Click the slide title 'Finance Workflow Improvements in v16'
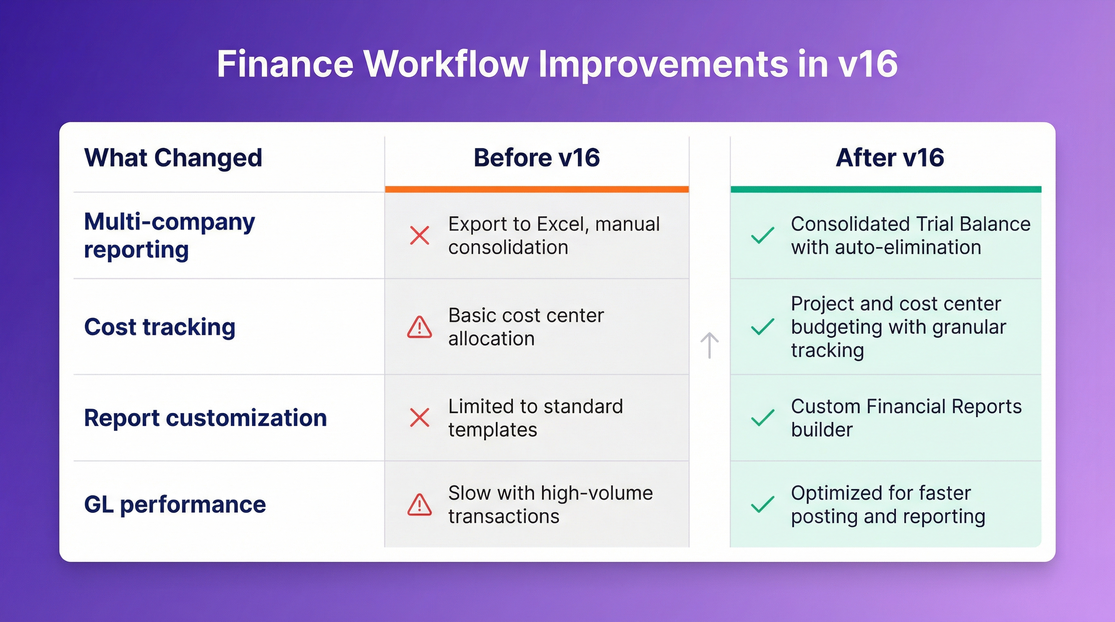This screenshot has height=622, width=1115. click(557, 64)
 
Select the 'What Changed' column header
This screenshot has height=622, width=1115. click(173, 158)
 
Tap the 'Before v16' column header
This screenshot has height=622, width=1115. click(537, 158)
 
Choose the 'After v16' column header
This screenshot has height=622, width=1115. click(889, 158)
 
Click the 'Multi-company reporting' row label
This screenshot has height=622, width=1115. click(169, 236)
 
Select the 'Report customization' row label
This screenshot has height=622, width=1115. click(205, 418)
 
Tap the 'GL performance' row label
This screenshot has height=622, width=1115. click(175, 504)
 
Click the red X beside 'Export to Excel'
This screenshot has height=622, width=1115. click(419, 236)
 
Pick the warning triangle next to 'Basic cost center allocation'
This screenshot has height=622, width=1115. click(419, 327)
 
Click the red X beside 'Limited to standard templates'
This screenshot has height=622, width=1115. click(419, 418)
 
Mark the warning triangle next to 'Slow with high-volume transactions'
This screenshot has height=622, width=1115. click(419, 505)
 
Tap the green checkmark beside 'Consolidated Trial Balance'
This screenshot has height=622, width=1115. click(762, 236)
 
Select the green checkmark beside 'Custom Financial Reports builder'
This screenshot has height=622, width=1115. click(762, 418)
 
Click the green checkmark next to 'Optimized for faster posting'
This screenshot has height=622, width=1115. click(762, 504)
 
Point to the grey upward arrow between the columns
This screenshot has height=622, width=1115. click(709, 345)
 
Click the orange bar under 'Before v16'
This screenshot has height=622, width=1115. click(537, 190)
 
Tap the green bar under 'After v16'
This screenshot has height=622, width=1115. click(886, 190)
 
